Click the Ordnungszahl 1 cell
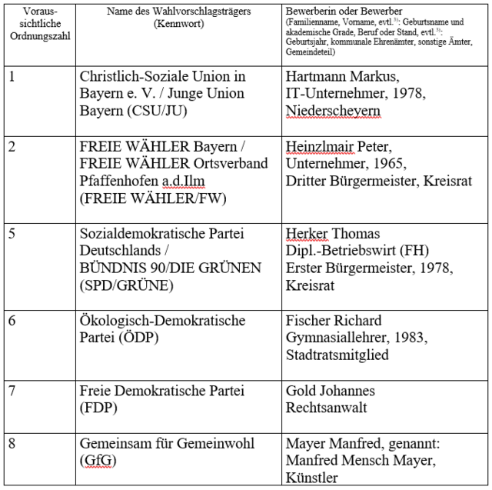[12, 77]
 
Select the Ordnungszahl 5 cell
[12, 234]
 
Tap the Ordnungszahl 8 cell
[12, 444]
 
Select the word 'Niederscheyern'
[332, 111]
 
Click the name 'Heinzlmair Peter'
[335, 147]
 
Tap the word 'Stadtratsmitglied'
[337, 355]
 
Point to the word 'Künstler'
[311, 478]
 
